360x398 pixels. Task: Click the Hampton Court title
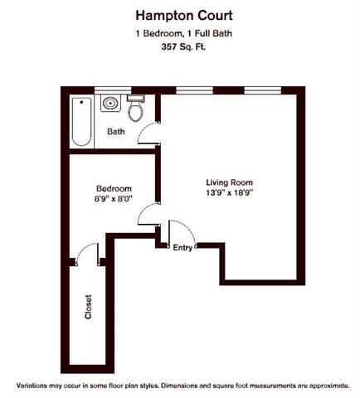tap(179, 14)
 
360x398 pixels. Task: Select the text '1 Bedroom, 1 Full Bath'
tap(179, 32)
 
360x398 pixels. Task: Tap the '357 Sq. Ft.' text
tap(179, 47)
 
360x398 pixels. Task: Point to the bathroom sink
tap(110, 104)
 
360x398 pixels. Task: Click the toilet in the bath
tap(137, 108)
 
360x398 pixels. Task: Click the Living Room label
tap(229, 182)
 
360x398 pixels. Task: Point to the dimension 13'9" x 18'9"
tap(229, 193)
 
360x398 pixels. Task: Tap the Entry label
tap(182, 246)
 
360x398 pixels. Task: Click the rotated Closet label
tap(88, 308)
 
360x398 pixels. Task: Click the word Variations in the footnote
tap(35, 386)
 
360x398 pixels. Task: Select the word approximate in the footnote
tap(322, 386)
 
